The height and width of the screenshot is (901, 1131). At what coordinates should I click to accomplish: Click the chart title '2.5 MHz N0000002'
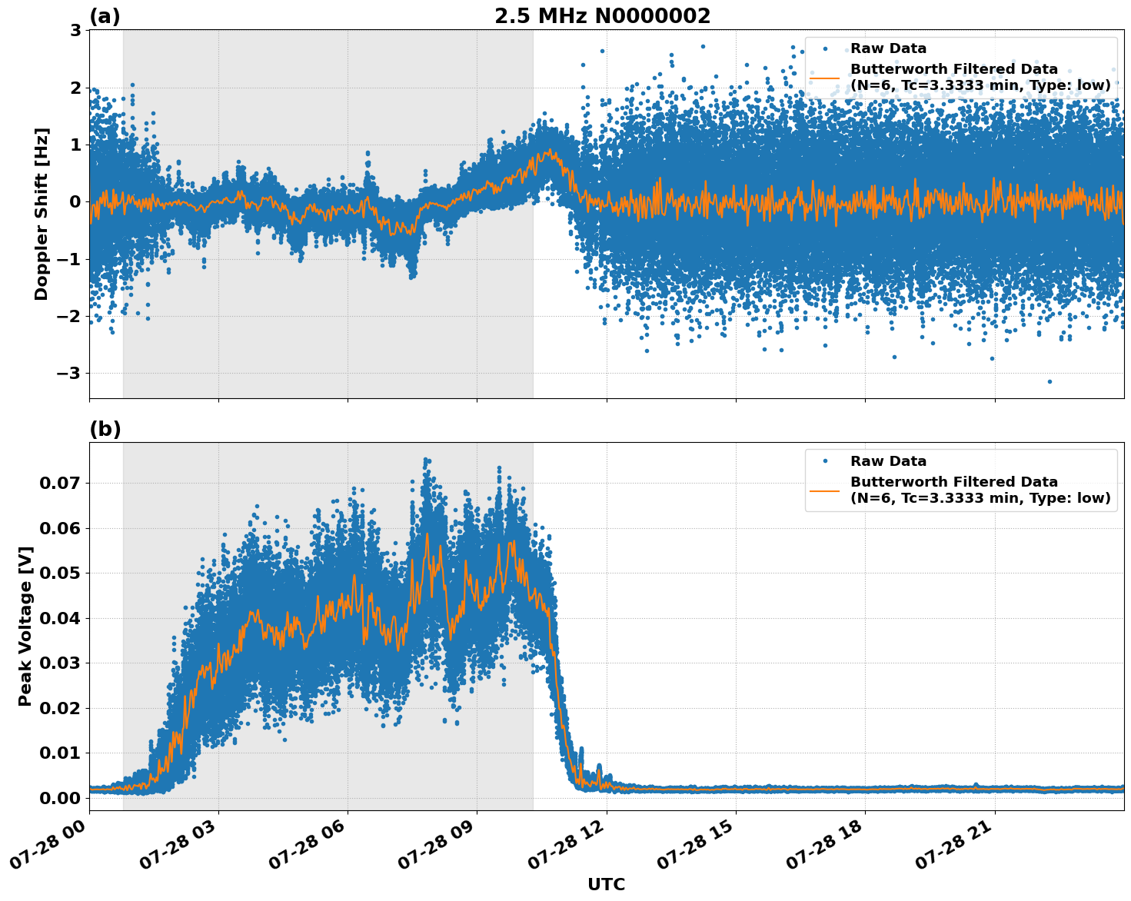(602, 16)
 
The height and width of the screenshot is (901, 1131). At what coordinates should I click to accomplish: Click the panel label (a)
(105, 16)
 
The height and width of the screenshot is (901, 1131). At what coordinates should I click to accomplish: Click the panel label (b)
(105, 429)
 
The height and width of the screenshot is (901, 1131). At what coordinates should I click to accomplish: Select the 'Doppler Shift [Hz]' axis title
(42, 214)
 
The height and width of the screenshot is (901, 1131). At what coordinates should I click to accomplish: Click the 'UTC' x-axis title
(606, 884)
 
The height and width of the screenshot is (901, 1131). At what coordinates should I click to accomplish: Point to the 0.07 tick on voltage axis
(60, 484)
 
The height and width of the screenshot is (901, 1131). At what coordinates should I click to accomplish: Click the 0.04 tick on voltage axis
(60, 618)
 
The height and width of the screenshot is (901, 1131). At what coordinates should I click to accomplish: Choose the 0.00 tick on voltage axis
(60, 798)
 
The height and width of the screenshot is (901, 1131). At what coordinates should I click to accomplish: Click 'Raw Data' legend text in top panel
(888, 48)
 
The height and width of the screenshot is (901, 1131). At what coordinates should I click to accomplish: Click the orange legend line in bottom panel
(824, 490)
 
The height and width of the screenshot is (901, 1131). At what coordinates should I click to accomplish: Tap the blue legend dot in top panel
(824, 48)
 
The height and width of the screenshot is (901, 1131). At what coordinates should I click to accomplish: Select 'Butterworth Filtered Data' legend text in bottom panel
(953, 482)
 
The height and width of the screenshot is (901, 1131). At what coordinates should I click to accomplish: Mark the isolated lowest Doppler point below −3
(1050, 381)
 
